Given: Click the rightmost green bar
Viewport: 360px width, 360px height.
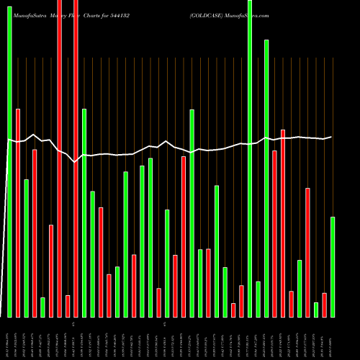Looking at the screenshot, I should click(x=333, y=266).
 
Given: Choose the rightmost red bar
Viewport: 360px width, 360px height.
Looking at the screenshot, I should click(x=325, y=305).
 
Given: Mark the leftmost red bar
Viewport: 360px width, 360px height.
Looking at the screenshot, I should click(x=18, y=212).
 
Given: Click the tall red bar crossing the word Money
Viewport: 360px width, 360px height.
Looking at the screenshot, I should click(x=60, y=158).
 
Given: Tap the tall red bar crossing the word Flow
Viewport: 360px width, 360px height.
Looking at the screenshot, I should click(x=76, y=158).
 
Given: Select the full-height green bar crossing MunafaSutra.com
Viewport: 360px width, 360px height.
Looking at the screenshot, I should click(x=250, y=158).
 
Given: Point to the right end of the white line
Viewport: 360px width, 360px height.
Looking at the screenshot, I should click(x=331, y=137).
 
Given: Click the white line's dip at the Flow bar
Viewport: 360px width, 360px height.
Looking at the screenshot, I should click(x=76, y=162).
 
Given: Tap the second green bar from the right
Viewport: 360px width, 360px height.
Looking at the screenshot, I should click(x=316, y=310).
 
